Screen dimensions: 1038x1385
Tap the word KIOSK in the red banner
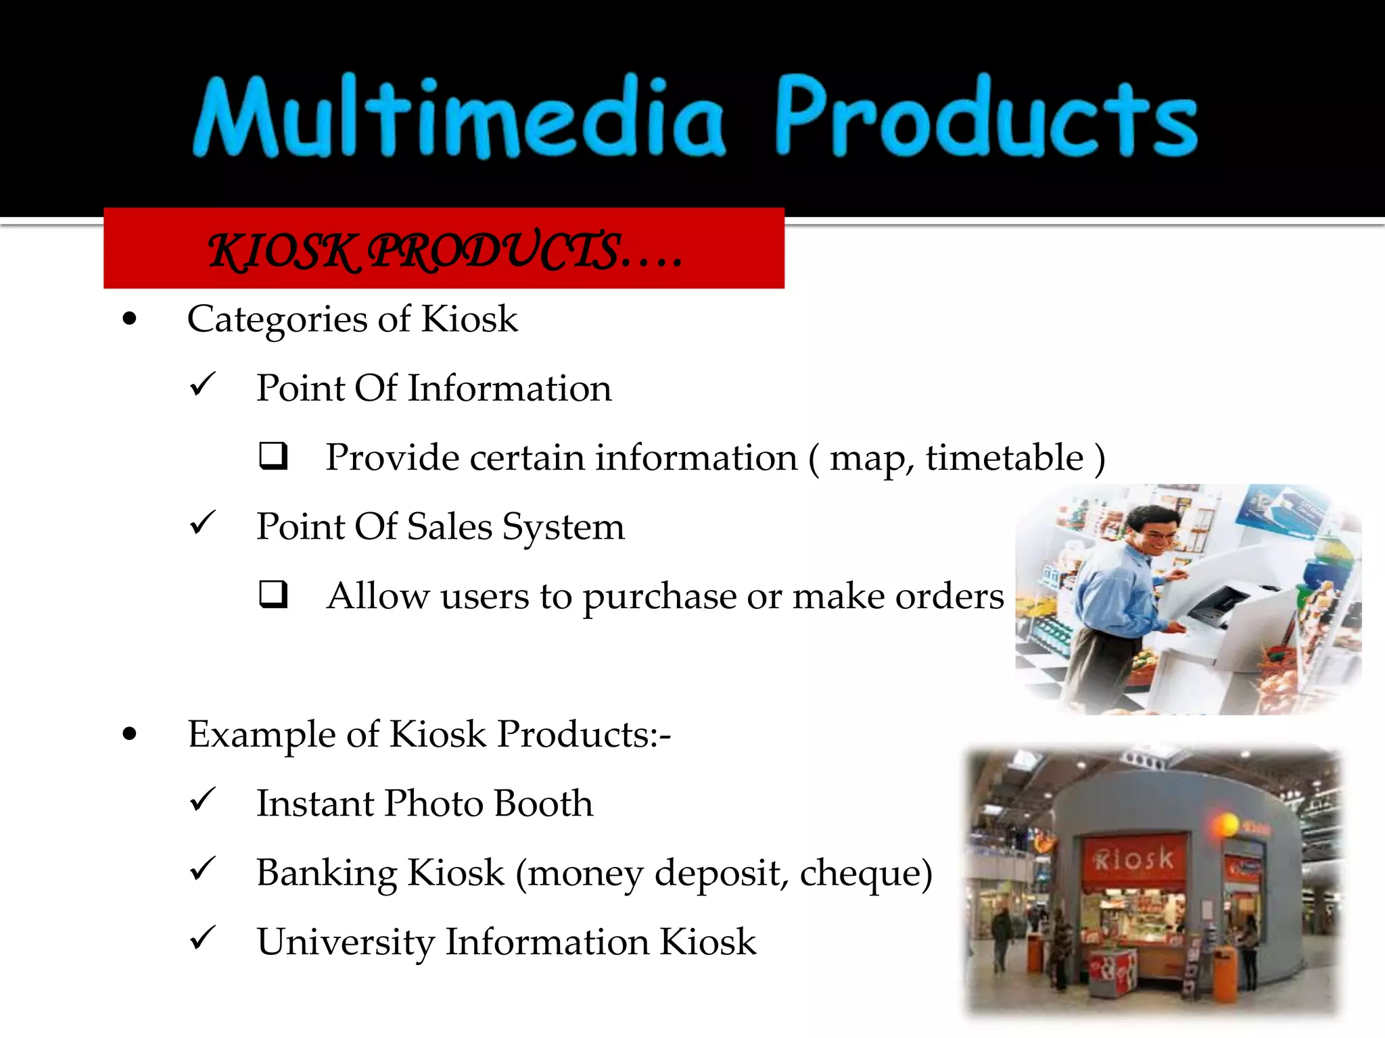[282, 251]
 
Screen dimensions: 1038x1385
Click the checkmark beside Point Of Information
[202, 385]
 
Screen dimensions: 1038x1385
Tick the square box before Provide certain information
[273, 456]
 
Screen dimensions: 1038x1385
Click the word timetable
[1004, 458]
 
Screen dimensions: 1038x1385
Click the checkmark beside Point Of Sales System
[202, 523]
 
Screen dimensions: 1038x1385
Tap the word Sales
[449, 527]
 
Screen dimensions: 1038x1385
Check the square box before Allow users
[273, 595]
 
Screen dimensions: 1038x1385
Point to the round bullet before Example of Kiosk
[130, 735]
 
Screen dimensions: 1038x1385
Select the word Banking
[327, 874]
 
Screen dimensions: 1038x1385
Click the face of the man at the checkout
[1157, 536]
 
